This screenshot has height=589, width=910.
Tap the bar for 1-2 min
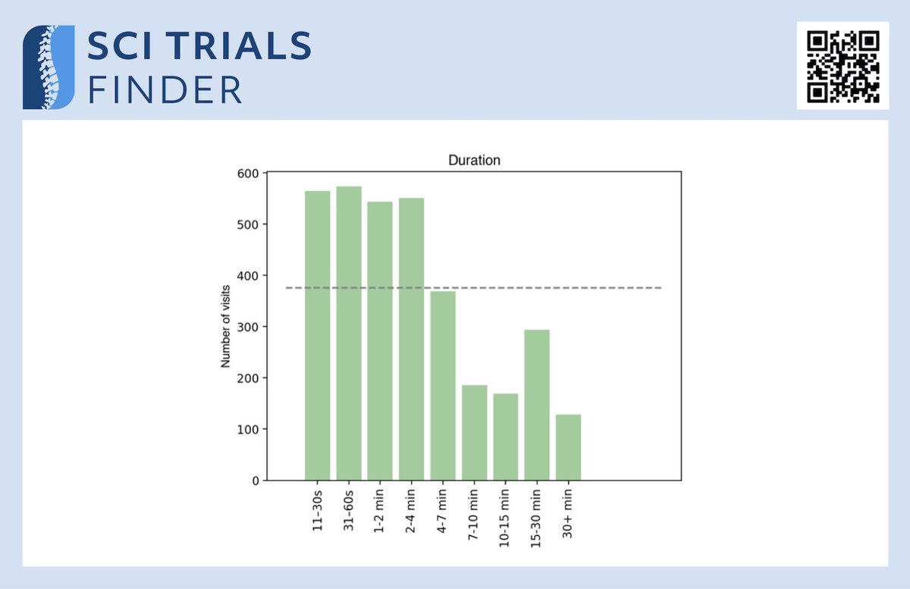(x=380, y=341)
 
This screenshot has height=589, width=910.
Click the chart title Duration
(x=474, y=161)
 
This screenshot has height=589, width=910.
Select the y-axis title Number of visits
(x=225, y=327)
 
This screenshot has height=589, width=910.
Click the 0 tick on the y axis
(x=256, y=481)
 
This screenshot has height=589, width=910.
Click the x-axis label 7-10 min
(x=474, y=512)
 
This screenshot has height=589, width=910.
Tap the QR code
(x=843, y=66)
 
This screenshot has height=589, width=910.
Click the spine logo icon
(x=49, y=67)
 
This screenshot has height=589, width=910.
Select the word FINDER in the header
(x=165, y=89)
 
